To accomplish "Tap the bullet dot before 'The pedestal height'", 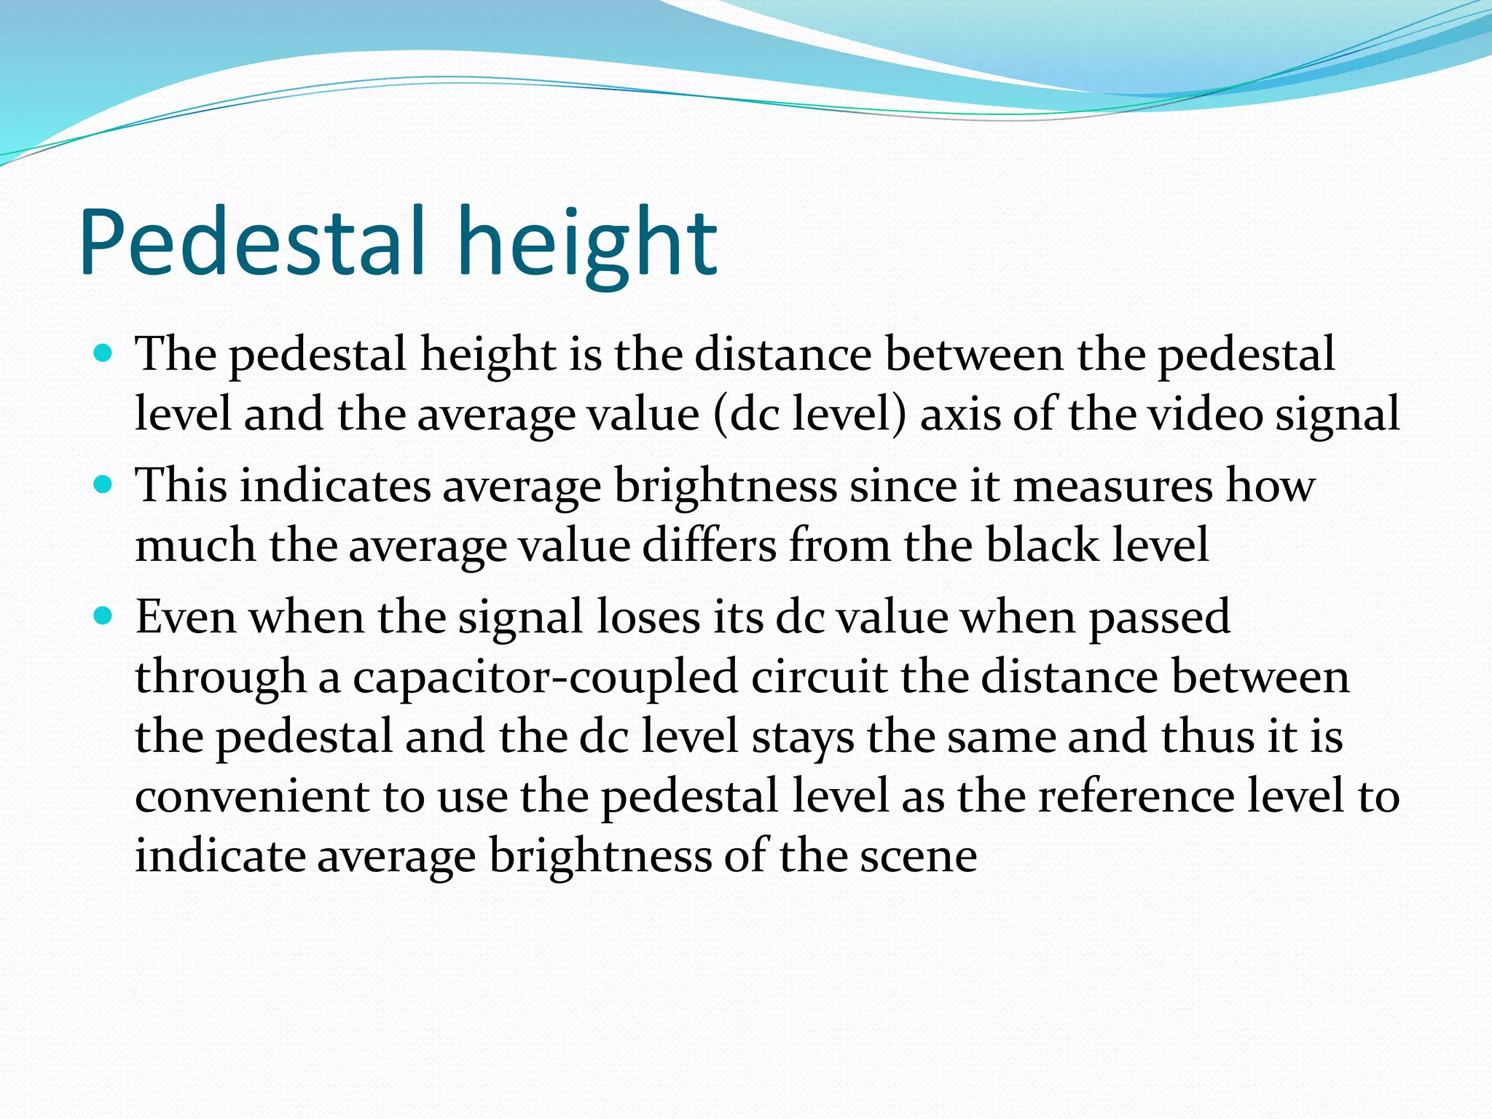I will pyautogui.click(x=103, y=355).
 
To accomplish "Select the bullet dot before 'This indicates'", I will pyautogui.click(x=103, y=485).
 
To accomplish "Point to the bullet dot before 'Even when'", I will pyautogui.click(x=103, y=617).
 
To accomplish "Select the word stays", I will pyautogui.click(x=803, y=737).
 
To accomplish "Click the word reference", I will pyautogui.click(x=1136, y=796).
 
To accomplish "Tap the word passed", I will pyautogui.click(x=1159, y=619).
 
